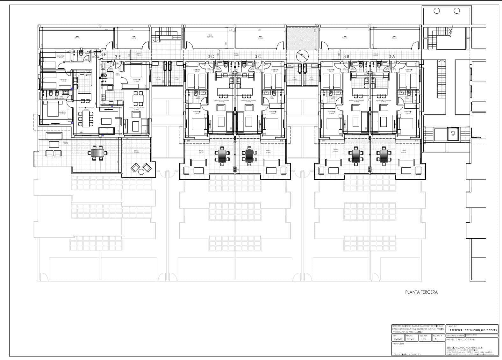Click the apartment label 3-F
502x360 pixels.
pos(103,54)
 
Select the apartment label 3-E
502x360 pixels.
pos(118,57)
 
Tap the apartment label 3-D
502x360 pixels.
pos(211,56)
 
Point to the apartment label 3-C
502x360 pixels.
pos(258,56)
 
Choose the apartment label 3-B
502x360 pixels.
pos(346,56)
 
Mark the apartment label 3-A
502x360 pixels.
pos(391,56)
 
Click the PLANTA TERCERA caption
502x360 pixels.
pos(421,292)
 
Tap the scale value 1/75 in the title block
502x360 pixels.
pos(423,339)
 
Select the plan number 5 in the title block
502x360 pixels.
pos(436,339)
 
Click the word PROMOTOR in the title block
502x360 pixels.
pos(399,344)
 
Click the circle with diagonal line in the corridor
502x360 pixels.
pos(302,56)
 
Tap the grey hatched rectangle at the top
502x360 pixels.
pos(302,38)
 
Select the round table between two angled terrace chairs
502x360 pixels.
pos(140,172)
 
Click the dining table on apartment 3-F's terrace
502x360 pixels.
pos(97,153)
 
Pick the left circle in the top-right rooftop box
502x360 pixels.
pos(437,11)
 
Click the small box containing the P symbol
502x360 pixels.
pos(453,134)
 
